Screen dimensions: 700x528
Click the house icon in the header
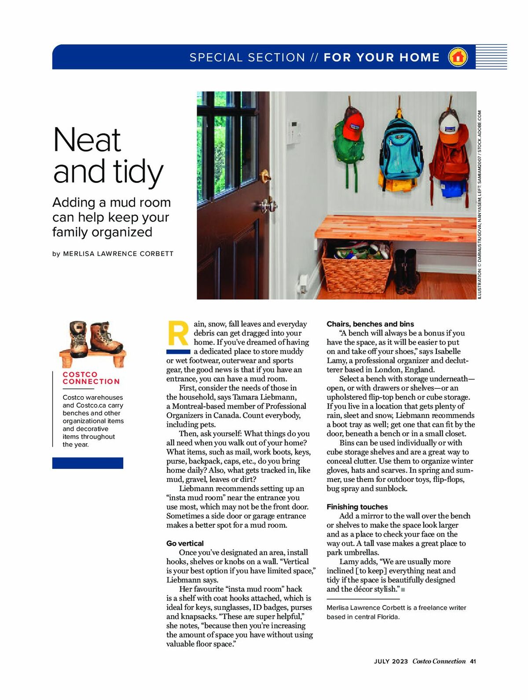click(458, 57)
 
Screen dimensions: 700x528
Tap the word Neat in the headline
click(87, 140)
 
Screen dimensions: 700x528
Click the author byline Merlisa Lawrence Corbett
click(118, 254)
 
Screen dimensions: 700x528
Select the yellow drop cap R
click(178, 334)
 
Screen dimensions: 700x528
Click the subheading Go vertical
click(185, 543)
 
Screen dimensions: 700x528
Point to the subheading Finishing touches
click(357, 507)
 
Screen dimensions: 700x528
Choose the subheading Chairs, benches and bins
click(370, 324)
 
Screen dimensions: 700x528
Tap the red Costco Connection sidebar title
click(91, 378)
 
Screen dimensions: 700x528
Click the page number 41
click(473, 661)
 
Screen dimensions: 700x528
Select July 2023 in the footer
click(391, 661)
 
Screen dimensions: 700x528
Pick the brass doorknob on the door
click(266, 176)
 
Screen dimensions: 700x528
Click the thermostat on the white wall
click(294, 132)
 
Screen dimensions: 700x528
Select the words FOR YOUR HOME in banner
click(381, 58)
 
